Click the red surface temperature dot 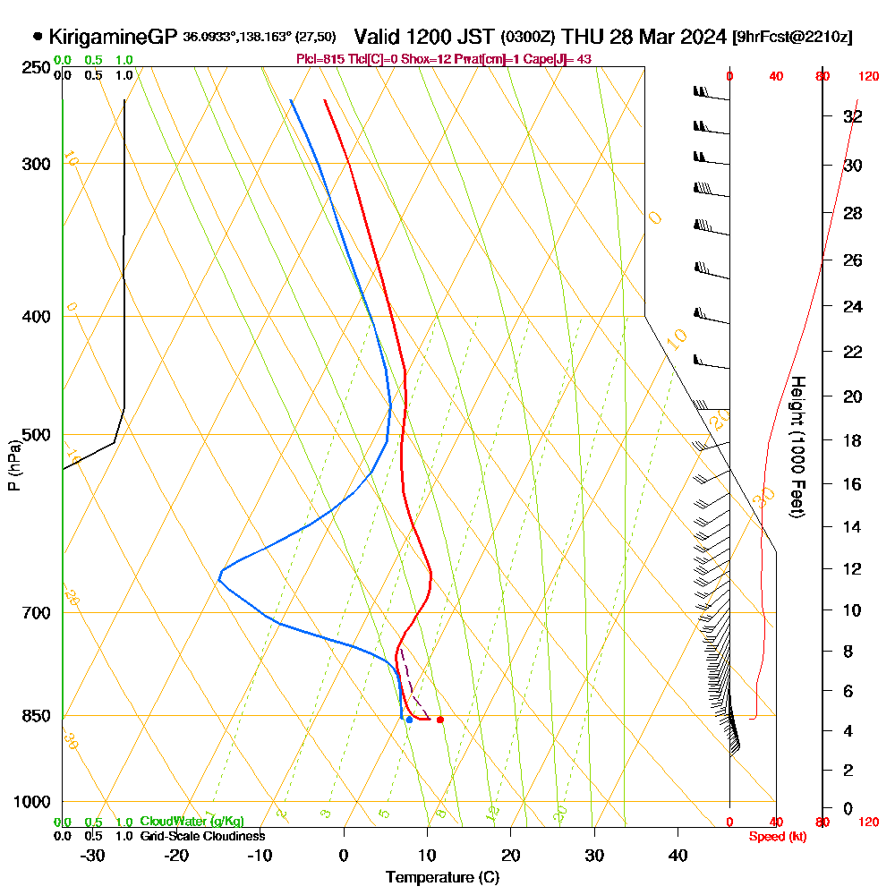coord(439,720)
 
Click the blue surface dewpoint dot coord(409,720)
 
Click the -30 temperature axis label coord(92,855)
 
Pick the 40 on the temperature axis coord(678,855)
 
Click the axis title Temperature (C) coord(442,877)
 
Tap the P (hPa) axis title coord(13,465)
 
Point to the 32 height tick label coord(853,116)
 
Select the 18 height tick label coord(853,440)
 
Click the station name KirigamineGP coord(113,37)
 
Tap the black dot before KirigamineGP coord(38,37)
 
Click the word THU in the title coord(584,37)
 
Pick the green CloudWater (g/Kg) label coord(192,821)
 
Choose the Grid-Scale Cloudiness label coord(202,836)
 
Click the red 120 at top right coord(867,77)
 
